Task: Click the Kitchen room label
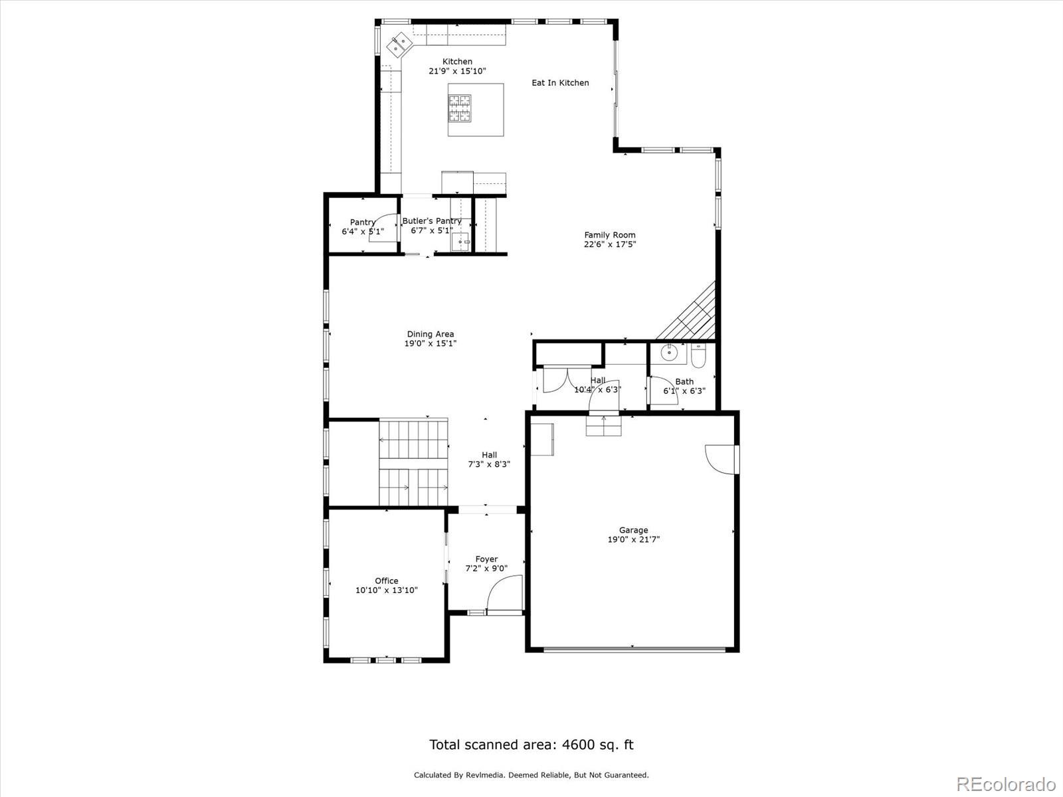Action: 457,62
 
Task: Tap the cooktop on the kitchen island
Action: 460,109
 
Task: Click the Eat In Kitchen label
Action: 560,83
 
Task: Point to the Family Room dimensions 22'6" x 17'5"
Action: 609,244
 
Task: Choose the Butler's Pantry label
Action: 432,221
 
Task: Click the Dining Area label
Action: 431,334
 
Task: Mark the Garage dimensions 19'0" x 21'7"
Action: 633,540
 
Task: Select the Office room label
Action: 386,580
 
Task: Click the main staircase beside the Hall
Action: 413,462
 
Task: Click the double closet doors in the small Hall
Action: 556,379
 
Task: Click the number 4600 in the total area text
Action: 577,745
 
